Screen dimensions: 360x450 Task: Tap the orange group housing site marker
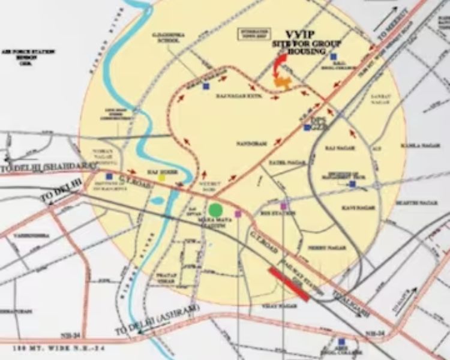284,83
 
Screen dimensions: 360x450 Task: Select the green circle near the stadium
216,209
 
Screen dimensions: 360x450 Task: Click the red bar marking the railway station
289,284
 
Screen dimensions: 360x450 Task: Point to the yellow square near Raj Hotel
161,178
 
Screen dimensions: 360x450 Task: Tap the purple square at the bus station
284,206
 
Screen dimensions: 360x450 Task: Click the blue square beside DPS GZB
307,127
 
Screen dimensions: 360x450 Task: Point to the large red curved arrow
278,65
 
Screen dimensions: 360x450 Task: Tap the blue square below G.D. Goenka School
206,86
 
